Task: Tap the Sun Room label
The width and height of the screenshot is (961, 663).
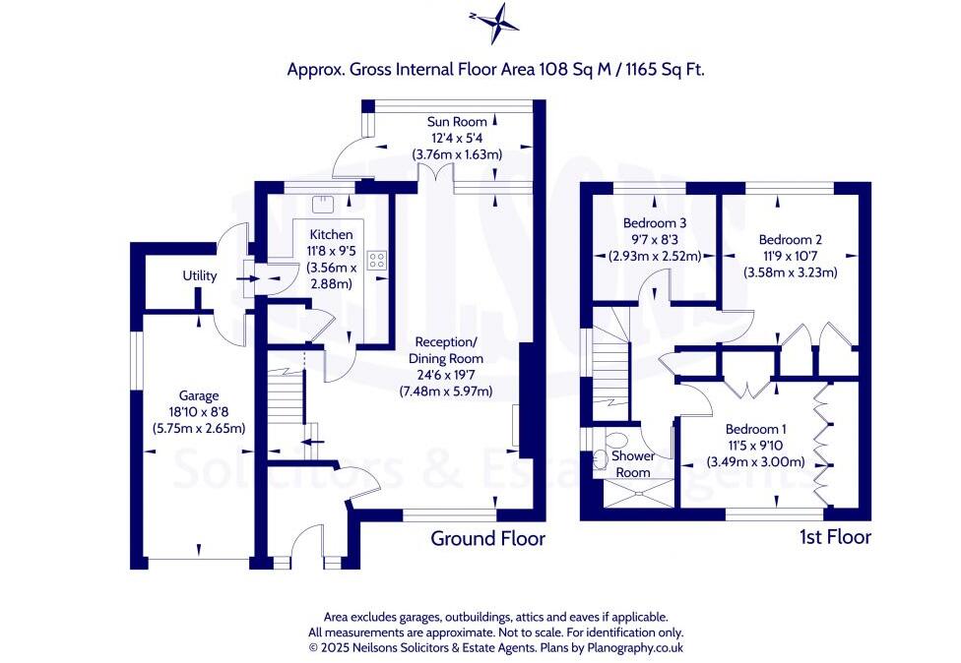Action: [x=456, y=122]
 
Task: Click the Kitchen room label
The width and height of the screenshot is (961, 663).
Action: [x=331, y=235]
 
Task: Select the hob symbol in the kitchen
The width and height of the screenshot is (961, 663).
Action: [x=377, y=261]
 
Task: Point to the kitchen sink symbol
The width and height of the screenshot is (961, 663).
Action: [x=322, y=204]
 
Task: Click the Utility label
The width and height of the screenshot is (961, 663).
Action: [x=199, y=276]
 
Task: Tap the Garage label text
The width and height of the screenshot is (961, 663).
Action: [x=198, y=396]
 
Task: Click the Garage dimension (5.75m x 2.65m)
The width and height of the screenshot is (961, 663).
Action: [x=198, y=428]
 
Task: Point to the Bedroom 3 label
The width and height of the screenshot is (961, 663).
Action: [x=655, y=223]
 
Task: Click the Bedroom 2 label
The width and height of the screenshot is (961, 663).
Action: [x=790, y=239]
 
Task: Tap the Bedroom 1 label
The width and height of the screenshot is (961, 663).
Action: [x=755, y=429]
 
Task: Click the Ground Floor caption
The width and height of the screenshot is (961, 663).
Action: [x=487, y=538]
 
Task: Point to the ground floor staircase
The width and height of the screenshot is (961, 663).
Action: [x=287, y=398]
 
